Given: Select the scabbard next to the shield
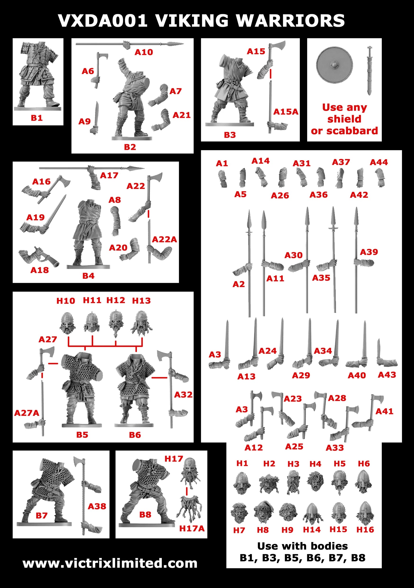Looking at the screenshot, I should coord(369,70).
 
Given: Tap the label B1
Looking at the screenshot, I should coord(36,118).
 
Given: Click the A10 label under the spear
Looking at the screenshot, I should coord(144,52).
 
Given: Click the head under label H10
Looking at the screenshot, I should coord(67,323).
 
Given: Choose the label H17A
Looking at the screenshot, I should coord(192,528).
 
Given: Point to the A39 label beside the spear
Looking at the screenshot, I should coord(369,252).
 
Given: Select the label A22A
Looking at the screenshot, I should coord(164,239).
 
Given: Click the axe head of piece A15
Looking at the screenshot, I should coord(279,46).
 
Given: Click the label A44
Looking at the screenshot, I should coord(379,162).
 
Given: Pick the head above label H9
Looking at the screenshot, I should coord(288,512).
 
